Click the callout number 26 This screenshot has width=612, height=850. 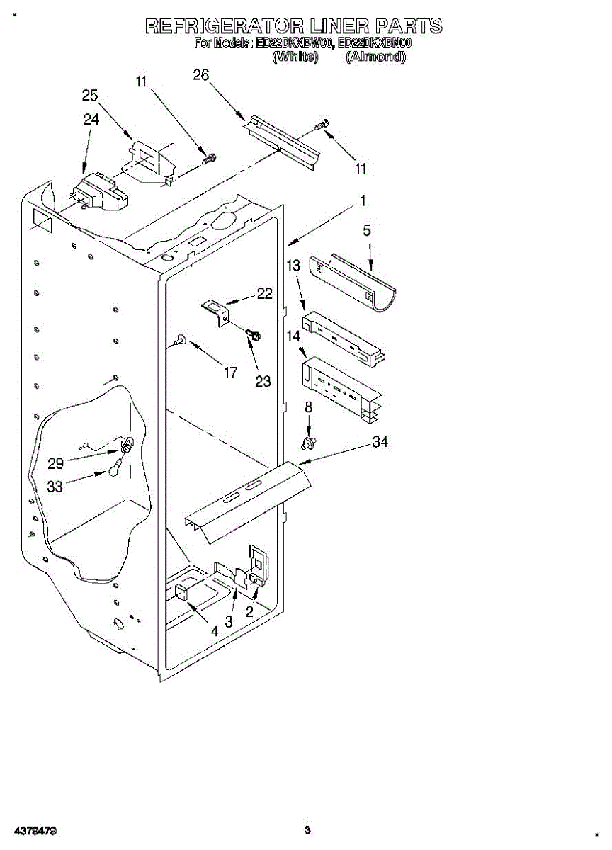pyautogui.click(x=201, y=75)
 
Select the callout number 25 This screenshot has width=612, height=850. pyautogui.click(x=90, y=96)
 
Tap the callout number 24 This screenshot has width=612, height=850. pyautogui.click(x=91, y=119)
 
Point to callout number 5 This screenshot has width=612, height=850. pyautogui.click(x=367, y=230)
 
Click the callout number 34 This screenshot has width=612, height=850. pyautogui.click(x=380, y=442)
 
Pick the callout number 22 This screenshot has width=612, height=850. pyautogui.click(x=265, y=293)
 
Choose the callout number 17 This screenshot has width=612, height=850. pyautogui.click(x=230, y=372)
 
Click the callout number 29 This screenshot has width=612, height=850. pyautogui.click(x=55, y=463)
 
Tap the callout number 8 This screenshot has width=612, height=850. pyautogui.click(x=308, y=407)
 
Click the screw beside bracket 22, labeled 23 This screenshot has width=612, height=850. pyautogui.click(x=251, y=333)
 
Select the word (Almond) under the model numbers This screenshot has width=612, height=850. pyautogui.click(x=375, y=57)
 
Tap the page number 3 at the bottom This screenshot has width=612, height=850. pyautogui.click(x=307, y=829)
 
